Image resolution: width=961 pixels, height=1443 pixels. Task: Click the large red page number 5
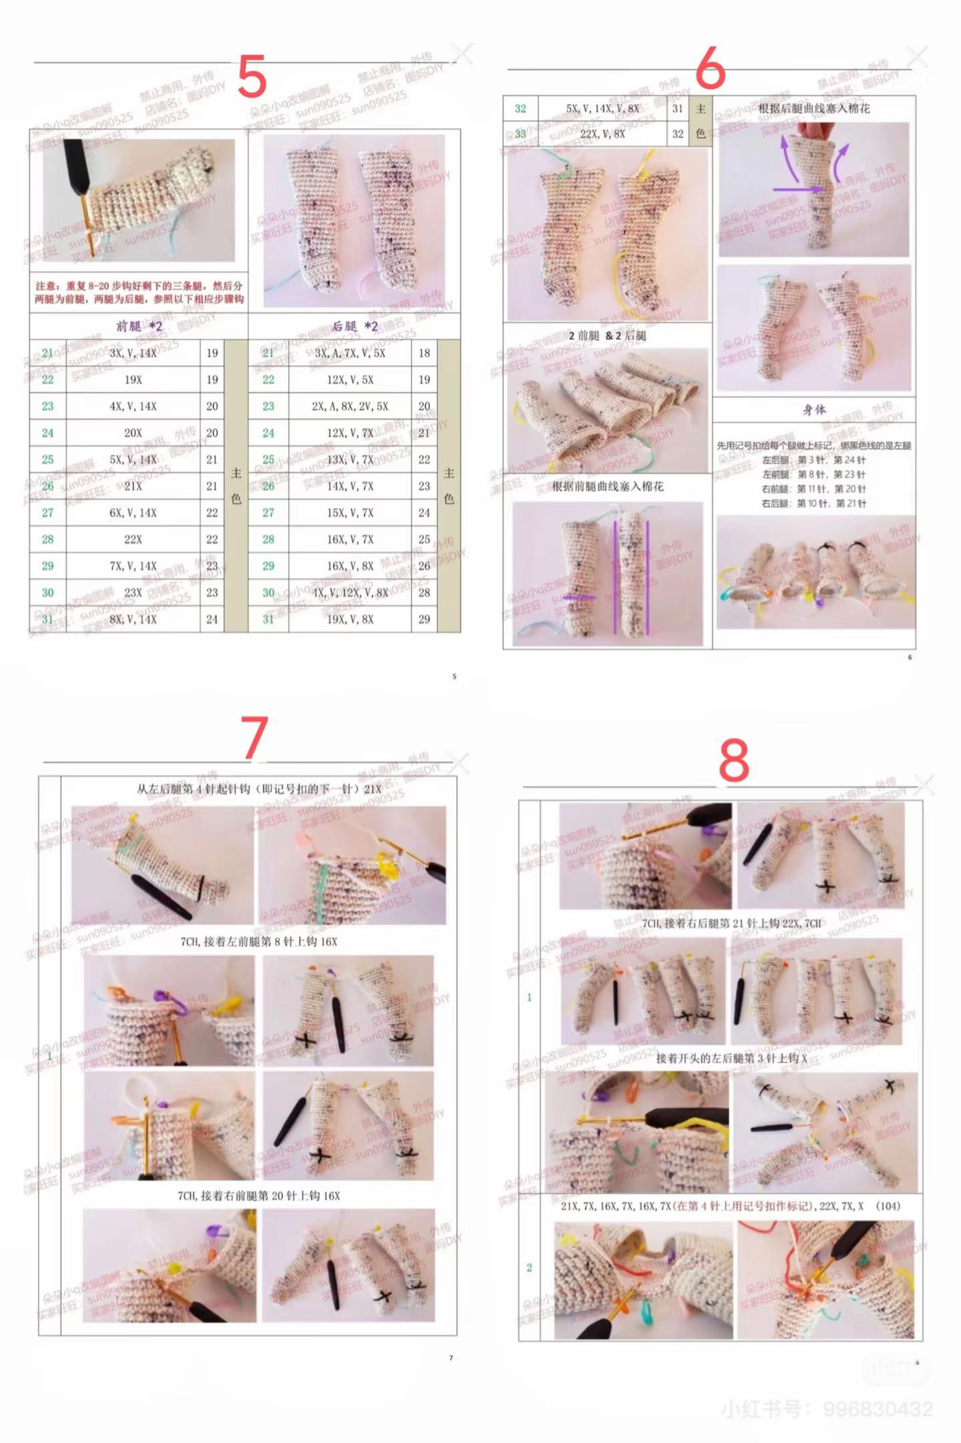coord(252,77)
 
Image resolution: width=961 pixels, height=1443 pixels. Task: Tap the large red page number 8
coord(733,762)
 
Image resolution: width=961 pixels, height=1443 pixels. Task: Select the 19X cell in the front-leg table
coord(133,380)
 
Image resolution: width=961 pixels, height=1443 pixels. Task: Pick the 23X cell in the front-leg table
coord(133,593)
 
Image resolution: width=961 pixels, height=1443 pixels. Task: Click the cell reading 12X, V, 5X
coord(350,380)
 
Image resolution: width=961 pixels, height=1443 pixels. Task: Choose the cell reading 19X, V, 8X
coord(350,619)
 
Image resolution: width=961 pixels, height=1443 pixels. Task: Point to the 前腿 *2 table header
coord(139,326)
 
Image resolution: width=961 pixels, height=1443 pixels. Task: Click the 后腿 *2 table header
coord(354,326)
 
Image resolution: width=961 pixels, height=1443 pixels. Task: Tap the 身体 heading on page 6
coord(814,410)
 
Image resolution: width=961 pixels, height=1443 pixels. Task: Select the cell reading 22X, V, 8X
coord(602,134)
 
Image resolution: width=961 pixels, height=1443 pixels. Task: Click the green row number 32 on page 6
coord(521,109)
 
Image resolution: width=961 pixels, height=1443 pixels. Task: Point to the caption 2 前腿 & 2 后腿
coord(607,336)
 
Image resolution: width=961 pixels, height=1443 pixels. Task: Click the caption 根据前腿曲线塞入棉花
coord(607,487)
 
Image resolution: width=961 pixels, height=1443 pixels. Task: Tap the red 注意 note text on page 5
coord(139,292)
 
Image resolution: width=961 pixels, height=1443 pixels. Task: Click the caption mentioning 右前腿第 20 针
coord(259,1195)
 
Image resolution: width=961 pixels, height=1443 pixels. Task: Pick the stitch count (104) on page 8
coord(888,1206)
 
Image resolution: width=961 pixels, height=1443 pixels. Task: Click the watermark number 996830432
coord(878,1409)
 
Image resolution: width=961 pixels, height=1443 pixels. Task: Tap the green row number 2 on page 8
coord(529,1267)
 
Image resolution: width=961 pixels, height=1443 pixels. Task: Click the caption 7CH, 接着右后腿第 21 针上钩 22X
coord(731,924)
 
